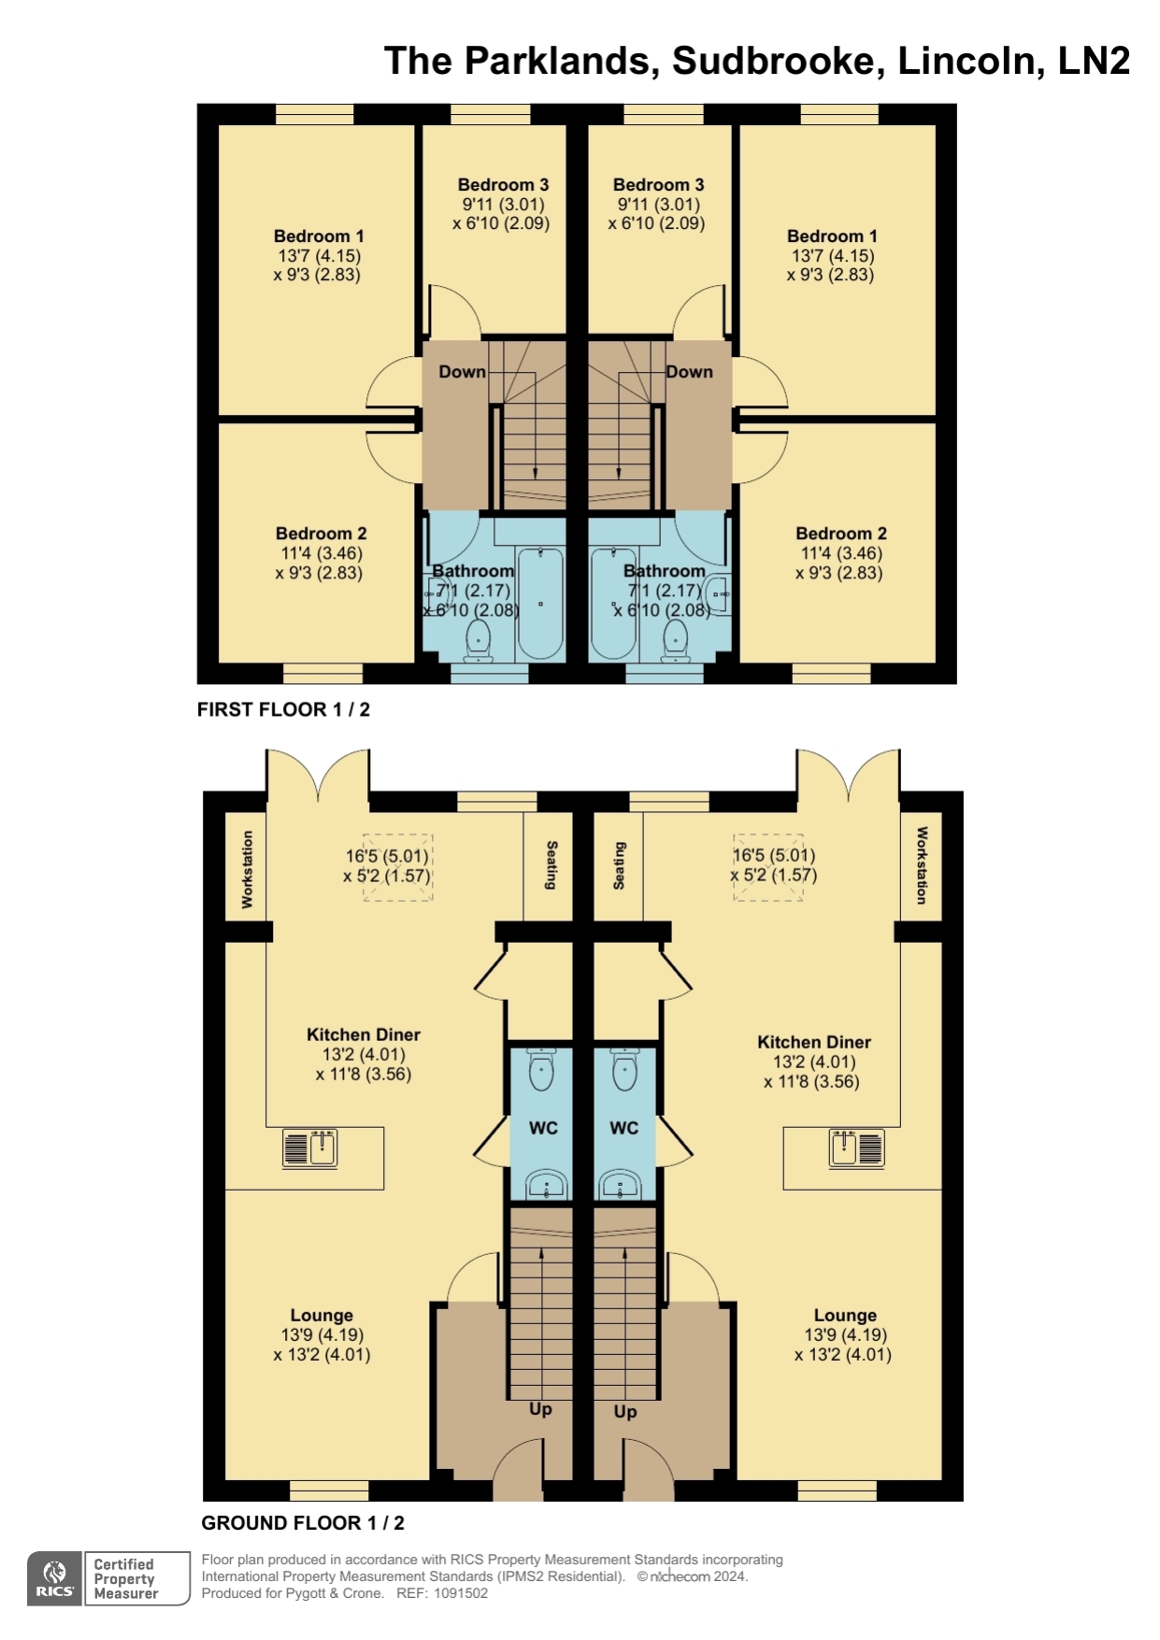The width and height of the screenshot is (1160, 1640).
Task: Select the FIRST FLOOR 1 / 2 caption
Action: coord(283,709)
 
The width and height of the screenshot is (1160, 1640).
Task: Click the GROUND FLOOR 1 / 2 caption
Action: coord(303,1522)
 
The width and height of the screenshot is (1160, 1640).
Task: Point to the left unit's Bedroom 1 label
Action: coord(319,236)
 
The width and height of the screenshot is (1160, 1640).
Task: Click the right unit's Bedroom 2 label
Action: coord(841,534)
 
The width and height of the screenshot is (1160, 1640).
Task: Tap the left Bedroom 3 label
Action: coord(503,185)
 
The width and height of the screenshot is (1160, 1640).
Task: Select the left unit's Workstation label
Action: coord(247,869)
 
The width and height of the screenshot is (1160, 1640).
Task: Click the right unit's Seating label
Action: coord(619,865)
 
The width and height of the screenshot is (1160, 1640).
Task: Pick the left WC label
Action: coord(543,1128)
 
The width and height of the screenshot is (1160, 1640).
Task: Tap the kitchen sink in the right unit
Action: coord(856,1148)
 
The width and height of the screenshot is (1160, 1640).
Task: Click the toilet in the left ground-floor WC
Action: coord(541,1069)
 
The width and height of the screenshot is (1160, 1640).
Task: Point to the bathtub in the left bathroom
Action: coord(540,604)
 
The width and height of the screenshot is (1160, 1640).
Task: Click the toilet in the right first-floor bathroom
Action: coord(675,641)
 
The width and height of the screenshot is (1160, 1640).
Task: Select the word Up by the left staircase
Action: coord(540,1408)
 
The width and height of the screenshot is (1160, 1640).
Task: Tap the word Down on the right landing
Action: coord(689,372)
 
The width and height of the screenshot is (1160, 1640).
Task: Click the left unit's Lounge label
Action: coord(322,1316)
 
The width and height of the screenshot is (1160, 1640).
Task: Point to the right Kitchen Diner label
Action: coord(814,1042)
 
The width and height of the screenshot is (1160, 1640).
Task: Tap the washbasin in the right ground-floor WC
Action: coord(623,1185)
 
